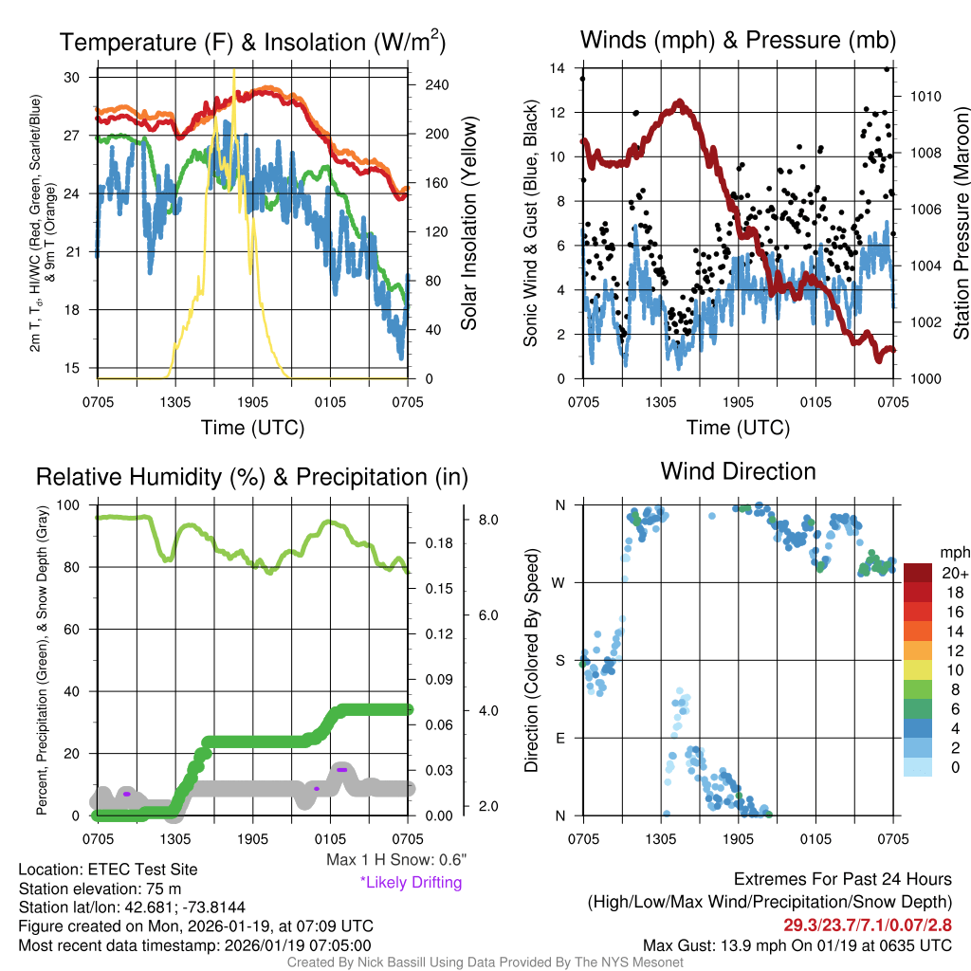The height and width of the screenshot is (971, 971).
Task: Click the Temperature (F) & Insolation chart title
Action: coord(252,42)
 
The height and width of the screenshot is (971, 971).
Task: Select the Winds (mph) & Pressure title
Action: coord(738,40)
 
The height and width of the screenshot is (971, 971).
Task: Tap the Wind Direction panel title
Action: coord(738,471)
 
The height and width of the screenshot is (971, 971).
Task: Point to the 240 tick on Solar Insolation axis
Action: coord(435,84)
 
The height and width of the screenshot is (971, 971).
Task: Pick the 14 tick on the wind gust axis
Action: coord(558,67)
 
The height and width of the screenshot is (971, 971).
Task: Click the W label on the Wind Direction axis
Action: coord(560,582)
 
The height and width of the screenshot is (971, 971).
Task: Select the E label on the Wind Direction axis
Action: coord(560,738)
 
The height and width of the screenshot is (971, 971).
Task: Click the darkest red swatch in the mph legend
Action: coord(918,573)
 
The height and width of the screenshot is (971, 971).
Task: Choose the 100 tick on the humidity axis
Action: coord(71,505)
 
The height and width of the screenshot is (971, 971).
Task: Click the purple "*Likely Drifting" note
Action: coord(411,883)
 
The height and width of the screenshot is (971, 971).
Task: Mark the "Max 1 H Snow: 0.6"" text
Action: coord(395,859)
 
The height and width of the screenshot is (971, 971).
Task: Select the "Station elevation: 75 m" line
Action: coord(100,889)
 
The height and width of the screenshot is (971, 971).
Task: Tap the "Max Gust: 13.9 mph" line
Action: coord(797,945)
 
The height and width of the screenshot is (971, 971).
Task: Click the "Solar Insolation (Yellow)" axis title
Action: coord(468,223)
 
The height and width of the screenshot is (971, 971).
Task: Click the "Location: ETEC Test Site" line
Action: coord(107,870)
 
